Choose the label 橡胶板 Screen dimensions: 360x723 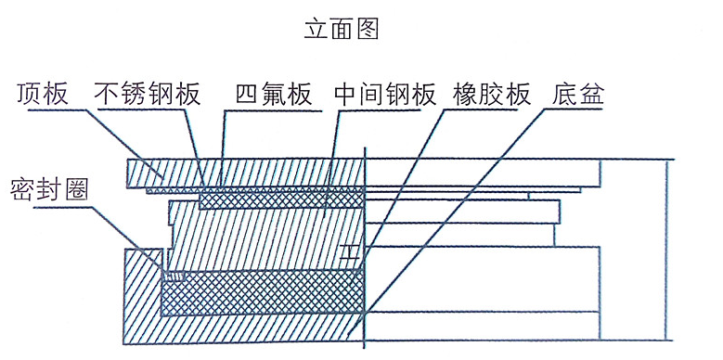tap(491, 95)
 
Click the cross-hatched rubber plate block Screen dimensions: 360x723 tap(260, 291)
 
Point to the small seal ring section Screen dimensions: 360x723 tap(174, 276)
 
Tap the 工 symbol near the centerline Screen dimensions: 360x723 tap(349, 251)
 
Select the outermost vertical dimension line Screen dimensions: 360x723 tap(667, 251)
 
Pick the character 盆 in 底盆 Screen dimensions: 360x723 tap(591, 95)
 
